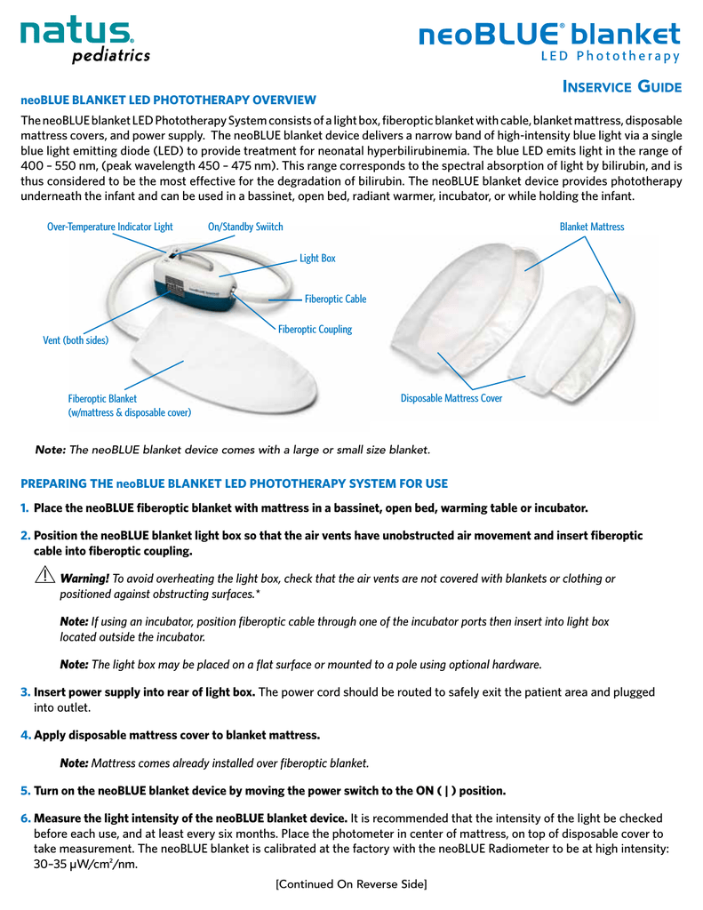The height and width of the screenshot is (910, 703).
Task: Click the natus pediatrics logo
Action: tap(85, 39)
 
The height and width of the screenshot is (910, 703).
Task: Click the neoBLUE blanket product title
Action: tap(549, 41)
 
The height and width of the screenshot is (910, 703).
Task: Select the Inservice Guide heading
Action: tap(622, 87)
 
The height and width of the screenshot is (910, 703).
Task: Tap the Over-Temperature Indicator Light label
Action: tap(109, 227)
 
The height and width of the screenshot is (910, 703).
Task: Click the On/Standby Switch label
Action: tap(245, 227)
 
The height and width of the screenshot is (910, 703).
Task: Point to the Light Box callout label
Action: tap(317, 259)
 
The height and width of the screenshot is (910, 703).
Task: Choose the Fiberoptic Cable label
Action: tap(336, 299)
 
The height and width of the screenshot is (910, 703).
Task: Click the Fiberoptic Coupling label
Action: tap(316, 329)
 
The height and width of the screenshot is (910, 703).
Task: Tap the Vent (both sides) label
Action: tap(76, 340)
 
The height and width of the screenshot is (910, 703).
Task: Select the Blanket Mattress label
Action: tap(592, 227)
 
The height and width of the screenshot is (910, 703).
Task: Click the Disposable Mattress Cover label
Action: tap(451, 398)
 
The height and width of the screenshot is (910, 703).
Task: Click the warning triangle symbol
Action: tap(44, 575)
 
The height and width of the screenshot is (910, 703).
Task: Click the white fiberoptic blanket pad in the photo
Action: tap(223, 363)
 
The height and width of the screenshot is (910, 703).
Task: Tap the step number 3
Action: tap(25, 692)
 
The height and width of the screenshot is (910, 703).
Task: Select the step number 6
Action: tap(25, 818)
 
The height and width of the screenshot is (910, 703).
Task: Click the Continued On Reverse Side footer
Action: tap(351, 884)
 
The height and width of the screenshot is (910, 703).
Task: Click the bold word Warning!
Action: tap(84, 579)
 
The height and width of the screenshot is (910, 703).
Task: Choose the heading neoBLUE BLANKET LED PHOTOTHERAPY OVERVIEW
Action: tap(168, 100)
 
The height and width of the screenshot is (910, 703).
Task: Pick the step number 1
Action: tap(24, 508)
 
